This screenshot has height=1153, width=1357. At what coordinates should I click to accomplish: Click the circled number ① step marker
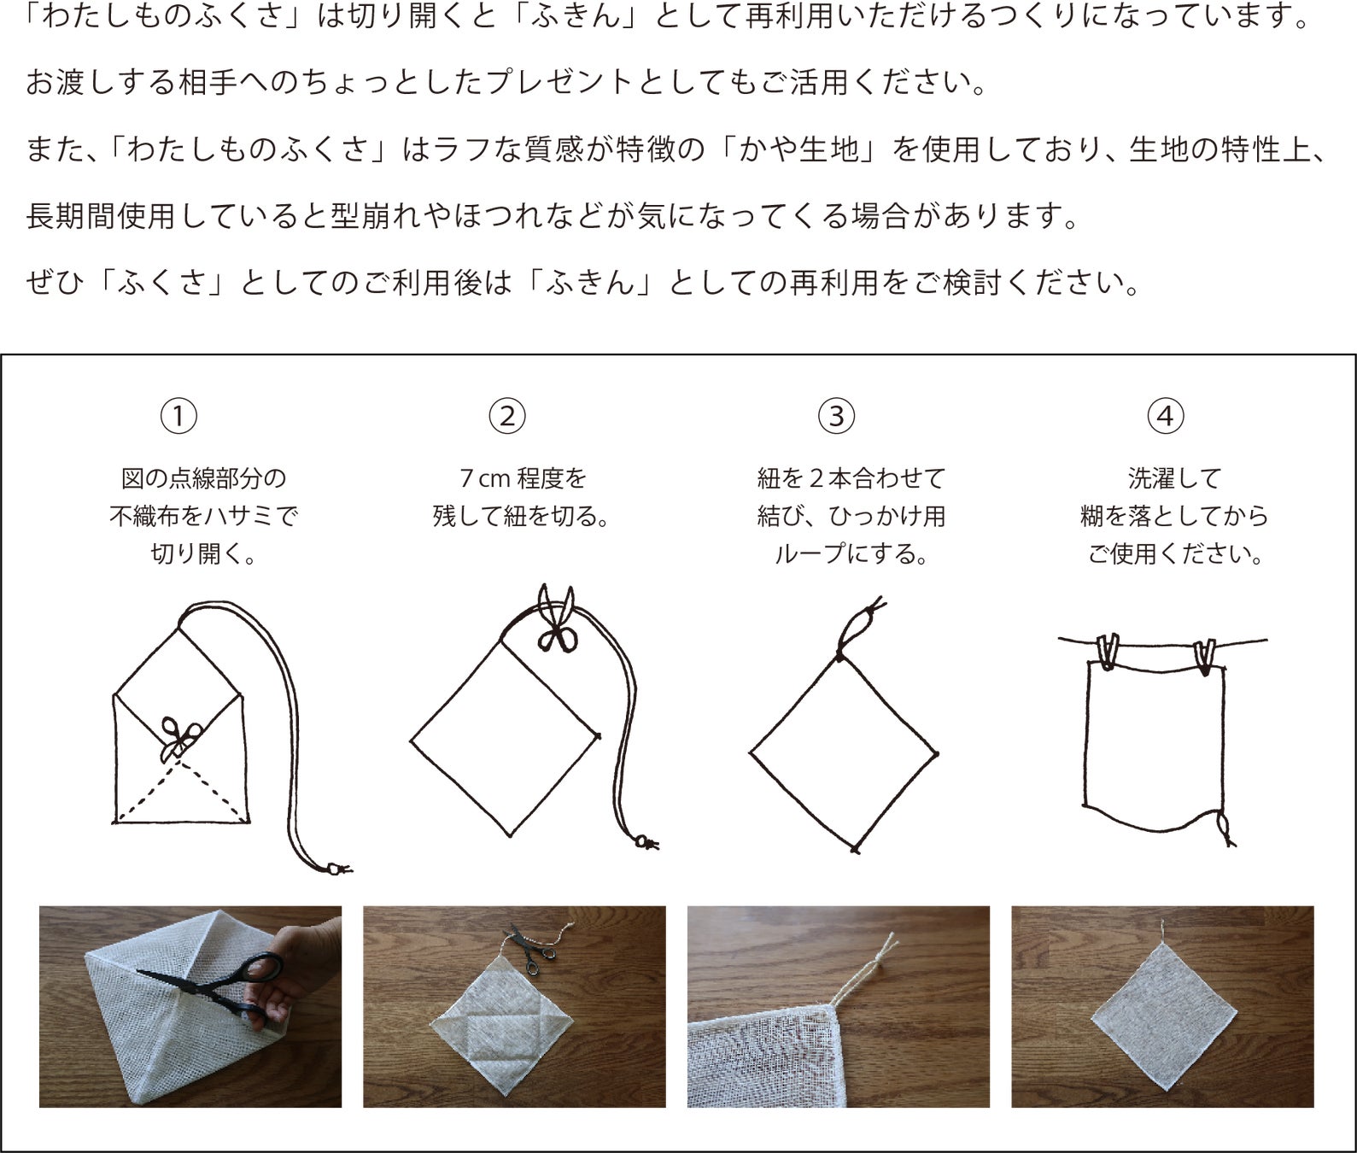pyautogui.click(x=178, y=416)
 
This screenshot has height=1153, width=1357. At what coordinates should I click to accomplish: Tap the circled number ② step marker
pyautogui.click(x=507, y=416)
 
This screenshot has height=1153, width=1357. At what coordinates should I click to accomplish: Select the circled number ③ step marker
pyautogui.click(x=836, y=416)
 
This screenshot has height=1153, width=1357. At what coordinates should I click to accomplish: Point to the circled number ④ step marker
pyautogui.click(x=1166, y=416)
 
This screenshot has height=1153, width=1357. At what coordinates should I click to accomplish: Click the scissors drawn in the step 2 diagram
pyautogui.click(x=558, y=618)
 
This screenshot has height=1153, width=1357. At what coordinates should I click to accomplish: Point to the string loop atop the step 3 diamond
pyautogui.click(x=859, y=629)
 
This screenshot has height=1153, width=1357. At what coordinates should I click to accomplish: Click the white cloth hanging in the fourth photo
pyautogui.click(x=1164, y=1017)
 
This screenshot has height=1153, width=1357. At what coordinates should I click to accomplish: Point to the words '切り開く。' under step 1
pyautogui.click(x=204, y=554)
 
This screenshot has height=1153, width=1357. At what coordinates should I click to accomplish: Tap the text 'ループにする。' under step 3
pyautogui.click(x=851, y=554)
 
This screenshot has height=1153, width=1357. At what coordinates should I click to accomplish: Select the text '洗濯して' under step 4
pyautogui.click(x=1174, y=478)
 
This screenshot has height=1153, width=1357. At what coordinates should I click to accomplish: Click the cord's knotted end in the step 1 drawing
pyautogui.click(x=338, y=869)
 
